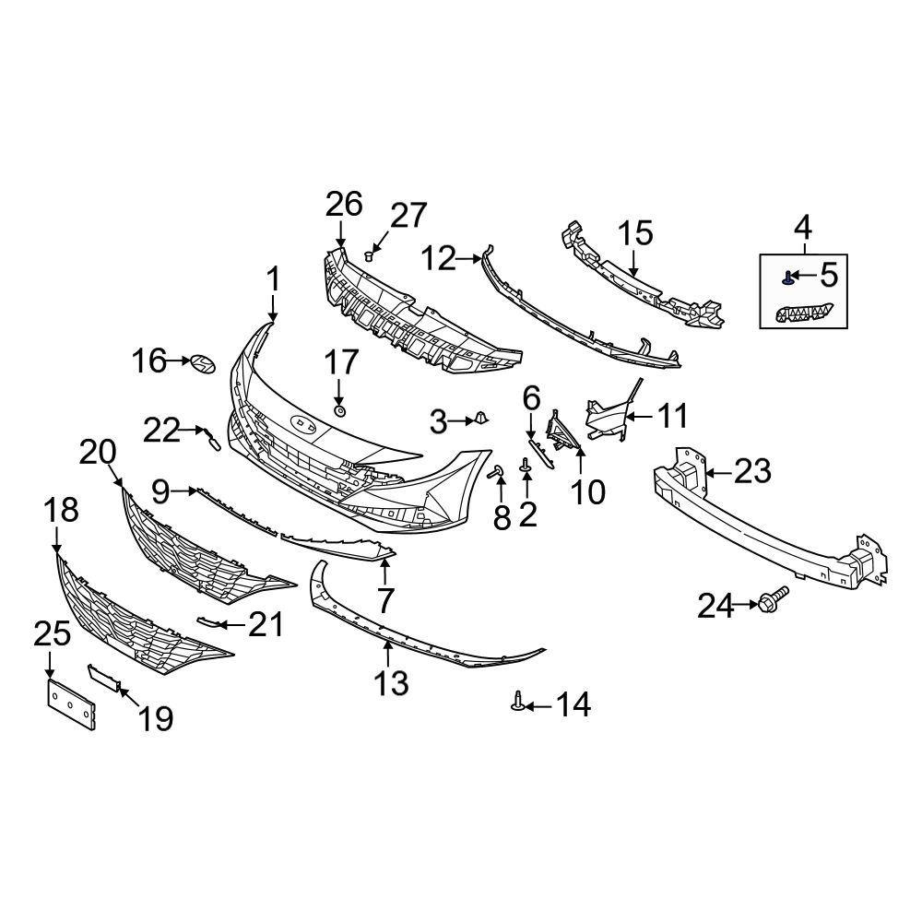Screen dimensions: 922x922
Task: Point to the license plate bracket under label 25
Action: pos(71,703)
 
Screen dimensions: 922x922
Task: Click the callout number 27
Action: pos(408,216)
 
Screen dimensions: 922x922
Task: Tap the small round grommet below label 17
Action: pos(339,409)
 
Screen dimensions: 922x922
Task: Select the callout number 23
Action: pos(751,472)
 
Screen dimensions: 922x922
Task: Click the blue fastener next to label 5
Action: pos(789,275)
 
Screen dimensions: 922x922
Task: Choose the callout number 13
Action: pos(391,683)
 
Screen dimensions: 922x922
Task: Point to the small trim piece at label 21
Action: pos(210,623)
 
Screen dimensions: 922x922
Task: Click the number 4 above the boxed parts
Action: pos(802,225)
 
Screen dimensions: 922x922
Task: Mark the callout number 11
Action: pos(672,417)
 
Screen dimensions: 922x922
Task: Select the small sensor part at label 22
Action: pos(212,441)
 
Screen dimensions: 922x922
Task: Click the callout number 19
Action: pos(156,717)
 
